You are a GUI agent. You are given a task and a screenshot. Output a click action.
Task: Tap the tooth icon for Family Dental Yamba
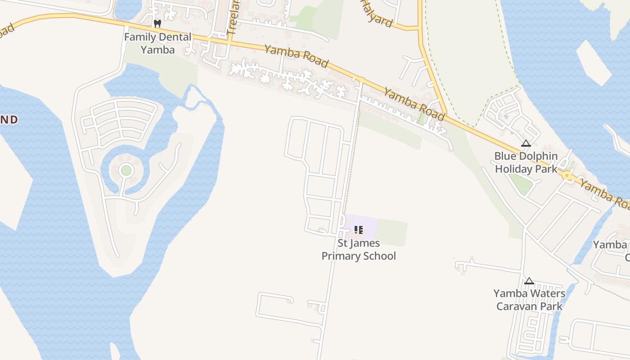pyautogui.click(x=157, y=23)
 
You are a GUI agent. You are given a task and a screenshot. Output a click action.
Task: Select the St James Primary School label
pyautogui.click(x=359, y=250)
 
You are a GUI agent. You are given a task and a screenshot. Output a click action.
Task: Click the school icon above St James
pyautogui.click(x=359, y=230)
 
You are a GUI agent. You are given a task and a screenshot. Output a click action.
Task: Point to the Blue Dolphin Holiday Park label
pyautogui.click(x=526, y=162)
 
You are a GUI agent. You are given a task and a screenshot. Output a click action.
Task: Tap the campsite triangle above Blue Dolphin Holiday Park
pyautogui.click(x=526, y=144)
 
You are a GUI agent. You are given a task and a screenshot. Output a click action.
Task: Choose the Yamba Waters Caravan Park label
pyautogui.click(x=529, y=300)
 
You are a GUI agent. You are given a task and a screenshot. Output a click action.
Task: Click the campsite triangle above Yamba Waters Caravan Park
pyautogui.click(x=529, y=281)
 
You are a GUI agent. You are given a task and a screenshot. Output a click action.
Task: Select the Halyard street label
pyautogui.click(x=377, y=13)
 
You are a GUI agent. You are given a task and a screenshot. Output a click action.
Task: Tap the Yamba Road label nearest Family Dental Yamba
pyautogui.click(x=296, y=56)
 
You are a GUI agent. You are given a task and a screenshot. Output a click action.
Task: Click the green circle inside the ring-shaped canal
pyautogui.click(x=126, y=171)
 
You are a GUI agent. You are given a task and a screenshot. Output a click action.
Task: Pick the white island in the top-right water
pyautogui.click(x=593, y=63)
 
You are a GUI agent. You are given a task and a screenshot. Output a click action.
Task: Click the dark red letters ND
pyautogui.click(x=9, y=119)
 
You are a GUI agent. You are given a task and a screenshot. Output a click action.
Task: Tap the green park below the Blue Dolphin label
pyautogui.click(x=521, y=184)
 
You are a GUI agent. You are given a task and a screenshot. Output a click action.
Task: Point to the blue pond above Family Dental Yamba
pyautogui.click(x=128, y=8)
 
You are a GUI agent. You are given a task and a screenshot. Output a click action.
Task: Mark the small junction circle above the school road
pyautogui.click(x=360, y=80)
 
